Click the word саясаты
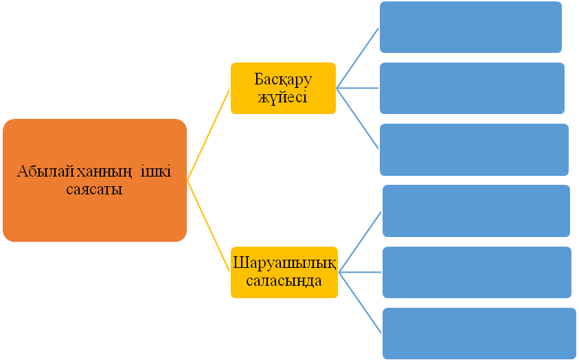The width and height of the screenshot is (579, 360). click(x=94, y=190)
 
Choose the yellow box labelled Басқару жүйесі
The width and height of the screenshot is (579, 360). click(x=283, y=88)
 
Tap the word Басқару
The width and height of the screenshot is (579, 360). click(x=283, y=79)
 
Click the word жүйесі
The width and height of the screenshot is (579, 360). click(x=282, y=97)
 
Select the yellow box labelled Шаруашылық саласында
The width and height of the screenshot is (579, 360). click(x=284, y=271)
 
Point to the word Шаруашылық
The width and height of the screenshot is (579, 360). click(x=284, y=263)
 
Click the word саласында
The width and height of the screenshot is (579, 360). click(x=284, y=280)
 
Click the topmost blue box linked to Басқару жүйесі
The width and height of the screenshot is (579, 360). click(x=470, y=27)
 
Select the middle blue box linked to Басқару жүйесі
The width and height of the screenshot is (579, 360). click(x=472, y=88)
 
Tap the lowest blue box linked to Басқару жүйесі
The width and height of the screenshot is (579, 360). click(x=474, y=149)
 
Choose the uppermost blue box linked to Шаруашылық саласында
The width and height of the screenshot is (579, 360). click(x=476, y=210)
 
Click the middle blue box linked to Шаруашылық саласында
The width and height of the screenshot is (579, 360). click(x=477, y=272)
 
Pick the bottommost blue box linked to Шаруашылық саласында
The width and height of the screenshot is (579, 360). click(x=479, y=333)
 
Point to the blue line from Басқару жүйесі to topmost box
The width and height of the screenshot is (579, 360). click(x=358, y=58)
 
